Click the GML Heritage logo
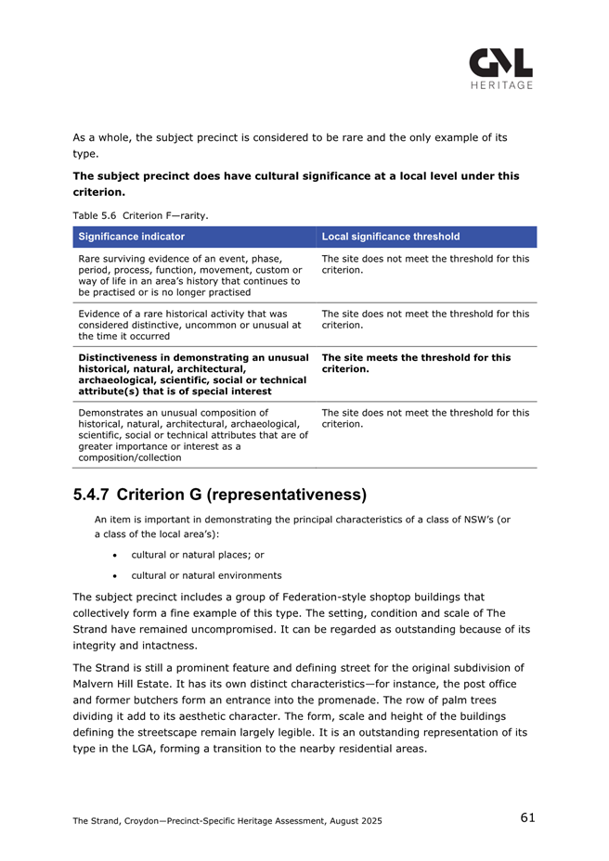click(x=500, y=65)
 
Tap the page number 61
click(x=527, y=817)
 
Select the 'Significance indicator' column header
click(x=132, y=237)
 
